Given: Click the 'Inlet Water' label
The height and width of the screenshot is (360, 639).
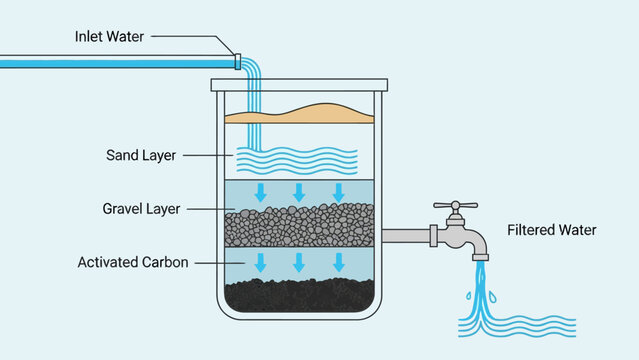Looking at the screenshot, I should pos(109,37).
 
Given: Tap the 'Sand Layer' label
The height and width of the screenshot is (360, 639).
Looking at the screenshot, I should pos(140,155).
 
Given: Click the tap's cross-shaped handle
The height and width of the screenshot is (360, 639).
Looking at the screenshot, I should pos(455,208).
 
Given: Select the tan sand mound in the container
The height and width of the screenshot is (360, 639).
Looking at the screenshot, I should pos(300,113).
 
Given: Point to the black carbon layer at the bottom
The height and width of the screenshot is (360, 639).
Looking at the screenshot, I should pos(300,294).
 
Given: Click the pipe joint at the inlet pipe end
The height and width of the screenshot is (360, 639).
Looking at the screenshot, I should pos(237,61).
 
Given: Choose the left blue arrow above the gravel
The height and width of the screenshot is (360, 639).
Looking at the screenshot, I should pos(261,191).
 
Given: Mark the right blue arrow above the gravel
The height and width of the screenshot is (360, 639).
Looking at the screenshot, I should pos(339,191).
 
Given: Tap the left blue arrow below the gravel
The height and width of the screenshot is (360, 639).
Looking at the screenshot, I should pos(261,262).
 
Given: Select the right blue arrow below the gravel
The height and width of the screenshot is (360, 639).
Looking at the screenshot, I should pos(339,262).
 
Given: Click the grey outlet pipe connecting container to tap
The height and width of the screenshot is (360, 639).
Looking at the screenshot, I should pos(404,236).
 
